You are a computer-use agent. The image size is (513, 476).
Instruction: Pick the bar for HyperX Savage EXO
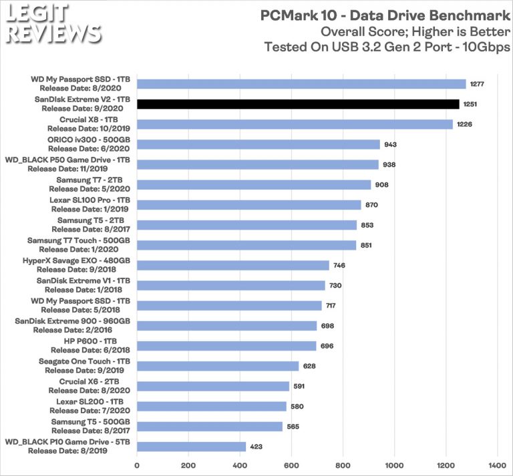coord(233,265)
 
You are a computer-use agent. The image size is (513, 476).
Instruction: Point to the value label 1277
coord(477,84)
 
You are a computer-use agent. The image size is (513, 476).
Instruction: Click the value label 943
coord(391,144)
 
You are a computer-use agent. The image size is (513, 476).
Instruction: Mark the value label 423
coord(257,447)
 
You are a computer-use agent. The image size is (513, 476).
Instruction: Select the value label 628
coord(309,366)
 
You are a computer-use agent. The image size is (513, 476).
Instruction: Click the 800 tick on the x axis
coord(343,465)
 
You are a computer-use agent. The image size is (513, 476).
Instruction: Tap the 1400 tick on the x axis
coord(497,465)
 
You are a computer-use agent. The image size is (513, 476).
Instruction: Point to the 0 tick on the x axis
coord(137,465)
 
